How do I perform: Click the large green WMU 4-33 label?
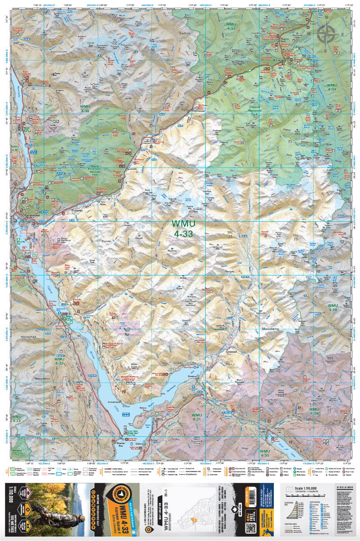182,228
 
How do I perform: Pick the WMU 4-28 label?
332,308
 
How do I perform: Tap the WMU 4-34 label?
332,87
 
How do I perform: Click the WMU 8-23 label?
17,418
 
